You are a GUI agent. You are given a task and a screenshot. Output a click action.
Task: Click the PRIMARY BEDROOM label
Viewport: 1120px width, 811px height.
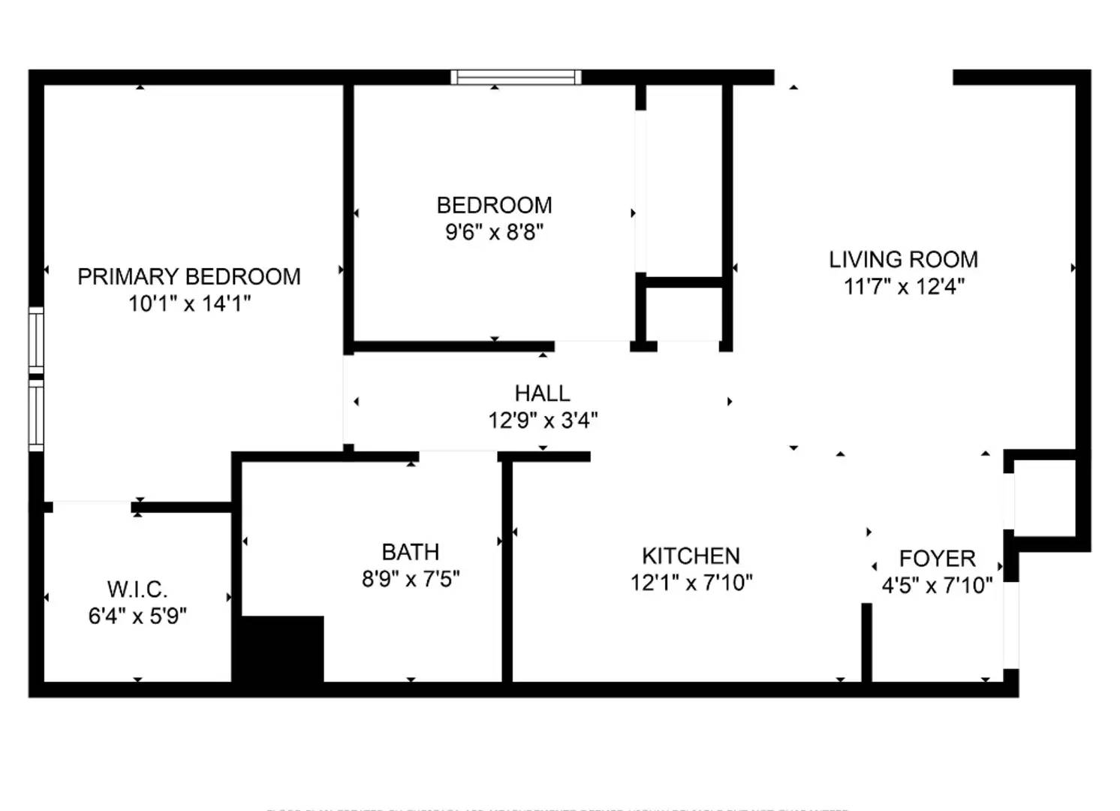[189, 277]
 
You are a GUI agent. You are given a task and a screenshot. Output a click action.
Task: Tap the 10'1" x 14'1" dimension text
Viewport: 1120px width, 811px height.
[189, 303]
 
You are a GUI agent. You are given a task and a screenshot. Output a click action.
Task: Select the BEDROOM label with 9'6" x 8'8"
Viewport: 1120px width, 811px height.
[494, 206]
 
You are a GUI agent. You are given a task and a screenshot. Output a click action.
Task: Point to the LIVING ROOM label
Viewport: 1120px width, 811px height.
[903, 260]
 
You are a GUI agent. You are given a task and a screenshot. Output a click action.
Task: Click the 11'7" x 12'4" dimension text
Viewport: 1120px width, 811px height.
[904, 287]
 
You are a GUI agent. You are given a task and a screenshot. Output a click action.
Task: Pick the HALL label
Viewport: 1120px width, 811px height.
[542, 393]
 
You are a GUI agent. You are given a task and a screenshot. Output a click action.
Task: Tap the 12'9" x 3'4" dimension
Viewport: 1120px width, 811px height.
[543, 421]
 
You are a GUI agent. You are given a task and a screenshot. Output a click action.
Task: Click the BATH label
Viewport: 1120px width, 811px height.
[410, 553]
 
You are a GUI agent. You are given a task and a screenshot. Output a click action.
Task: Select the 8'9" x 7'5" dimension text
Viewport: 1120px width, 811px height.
[411, 579]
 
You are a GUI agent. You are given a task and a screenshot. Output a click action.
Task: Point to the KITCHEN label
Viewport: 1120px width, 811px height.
[691, 556]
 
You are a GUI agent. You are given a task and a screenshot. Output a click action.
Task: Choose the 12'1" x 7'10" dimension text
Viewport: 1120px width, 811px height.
[691, 583]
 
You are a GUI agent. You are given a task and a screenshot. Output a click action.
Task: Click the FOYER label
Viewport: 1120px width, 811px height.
[937, 559]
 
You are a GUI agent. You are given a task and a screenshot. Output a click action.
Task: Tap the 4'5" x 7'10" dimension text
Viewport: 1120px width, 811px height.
[937, 586]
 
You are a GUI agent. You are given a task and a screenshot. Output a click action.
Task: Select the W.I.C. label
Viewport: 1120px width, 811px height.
[137, 589]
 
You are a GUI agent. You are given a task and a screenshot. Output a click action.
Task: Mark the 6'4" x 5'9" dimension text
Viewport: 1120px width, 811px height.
[137, 616]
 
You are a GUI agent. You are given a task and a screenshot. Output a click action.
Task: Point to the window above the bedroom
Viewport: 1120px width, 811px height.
[516, 77]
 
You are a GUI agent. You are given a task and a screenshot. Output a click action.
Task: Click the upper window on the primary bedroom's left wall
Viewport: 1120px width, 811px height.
[36, 339]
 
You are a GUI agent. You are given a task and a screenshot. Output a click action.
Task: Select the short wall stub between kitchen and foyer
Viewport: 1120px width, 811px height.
[866, 642]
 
